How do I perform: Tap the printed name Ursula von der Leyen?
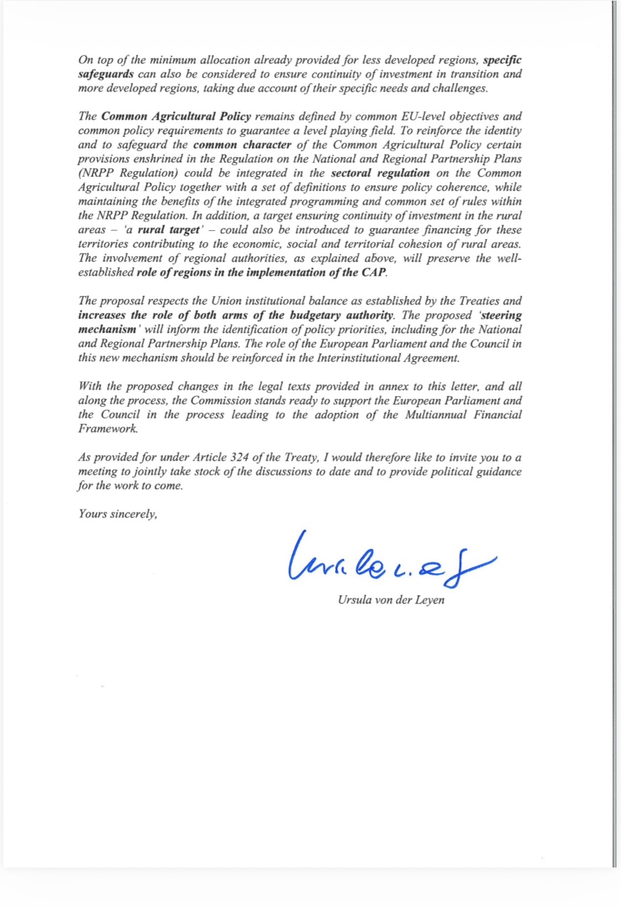pyautogui.click(x=391, y=600)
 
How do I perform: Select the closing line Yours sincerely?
pyautogui.click(x=118, y=514)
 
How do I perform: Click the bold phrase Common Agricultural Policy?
pyautogui.click(x=176, y=117)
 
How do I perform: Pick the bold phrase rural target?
pyautogui.click(x=168, y=230)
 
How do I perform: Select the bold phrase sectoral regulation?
pyautogui.click(x=380, y=173)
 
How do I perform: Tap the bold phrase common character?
pyautogui.click(x=242, y=145)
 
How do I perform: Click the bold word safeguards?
pyautogui.click(x=106, y=74)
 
